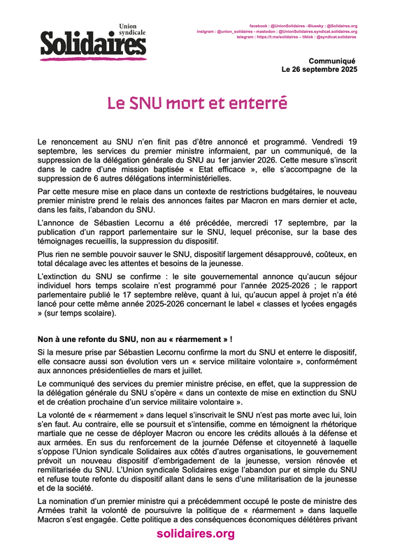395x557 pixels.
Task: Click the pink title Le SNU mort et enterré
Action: (197, 103)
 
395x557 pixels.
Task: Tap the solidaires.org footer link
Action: (195, 534)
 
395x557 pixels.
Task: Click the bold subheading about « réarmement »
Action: (134, 339)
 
